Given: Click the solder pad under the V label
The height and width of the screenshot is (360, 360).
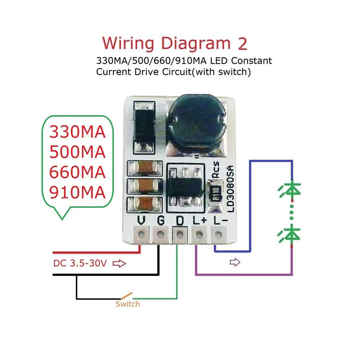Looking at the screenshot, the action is (x=141, y=235).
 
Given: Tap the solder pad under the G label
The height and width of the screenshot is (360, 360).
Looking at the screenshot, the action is (x=160, y=235).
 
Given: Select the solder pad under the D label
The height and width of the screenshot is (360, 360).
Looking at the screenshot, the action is (x=180, y=235).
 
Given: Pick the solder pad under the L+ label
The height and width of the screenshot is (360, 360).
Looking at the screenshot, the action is (x=199, y=235).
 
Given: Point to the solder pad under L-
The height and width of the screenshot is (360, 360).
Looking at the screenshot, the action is (x=218, y=235).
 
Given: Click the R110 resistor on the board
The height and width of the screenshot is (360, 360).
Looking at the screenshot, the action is (x=215, y=194).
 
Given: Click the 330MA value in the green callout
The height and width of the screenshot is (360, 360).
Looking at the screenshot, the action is (x=77, y=132).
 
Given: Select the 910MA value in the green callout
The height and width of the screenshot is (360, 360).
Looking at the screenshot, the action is (x=77, y=192).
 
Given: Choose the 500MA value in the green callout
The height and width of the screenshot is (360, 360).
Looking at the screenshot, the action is (x=77, y=152).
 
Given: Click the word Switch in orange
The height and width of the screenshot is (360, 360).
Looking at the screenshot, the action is (x=128, y=304).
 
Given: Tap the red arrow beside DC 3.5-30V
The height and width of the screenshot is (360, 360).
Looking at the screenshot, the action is (x=119, y=263).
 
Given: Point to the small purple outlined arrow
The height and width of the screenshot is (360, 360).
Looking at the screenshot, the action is (x=235, y=262).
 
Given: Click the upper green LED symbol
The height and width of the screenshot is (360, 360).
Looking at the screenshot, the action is (x=290, y=190).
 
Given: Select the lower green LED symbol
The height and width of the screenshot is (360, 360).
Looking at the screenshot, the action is (x=289, y=234).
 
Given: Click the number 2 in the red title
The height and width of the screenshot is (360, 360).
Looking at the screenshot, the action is (x=242, y=44).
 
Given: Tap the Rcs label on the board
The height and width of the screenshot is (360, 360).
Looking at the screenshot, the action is (x=216, y=169).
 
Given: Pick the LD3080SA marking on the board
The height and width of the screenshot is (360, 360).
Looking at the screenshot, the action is (x=231, y=188).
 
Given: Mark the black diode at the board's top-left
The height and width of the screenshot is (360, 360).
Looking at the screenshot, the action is (x=144, y=127).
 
